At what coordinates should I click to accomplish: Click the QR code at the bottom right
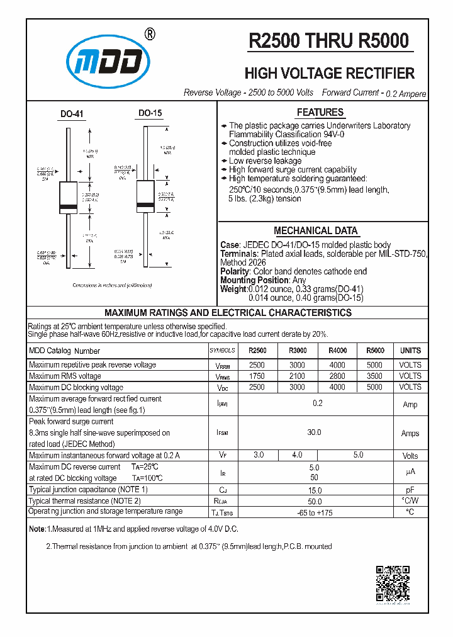393,583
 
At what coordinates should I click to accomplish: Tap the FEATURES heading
320,113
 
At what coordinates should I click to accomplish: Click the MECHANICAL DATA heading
316,231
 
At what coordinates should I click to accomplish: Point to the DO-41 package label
72,115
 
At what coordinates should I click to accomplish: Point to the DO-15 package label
150,113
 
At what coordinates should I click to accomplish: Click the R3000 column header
297,351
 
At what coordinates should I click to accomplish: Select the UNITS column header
410,351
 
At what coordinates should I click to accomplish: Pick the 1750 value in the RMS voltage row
257,376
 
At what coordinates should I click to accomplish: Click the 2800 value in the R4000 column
337,376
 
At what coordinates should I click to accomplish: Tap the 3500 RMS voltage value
374,376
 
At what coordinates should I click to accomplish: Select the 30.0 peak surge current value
314,432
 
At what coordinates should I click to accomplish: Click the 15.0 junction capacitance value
314,490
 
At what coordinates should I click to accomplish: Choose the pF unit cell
410,490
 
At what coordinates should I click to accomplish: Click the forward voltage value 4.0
297,455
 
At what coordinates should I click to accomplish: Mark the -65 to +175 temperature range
314,512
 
